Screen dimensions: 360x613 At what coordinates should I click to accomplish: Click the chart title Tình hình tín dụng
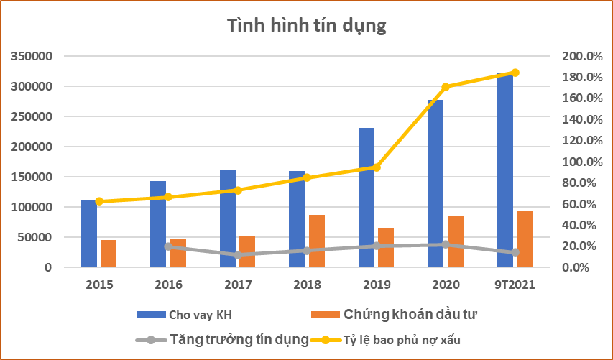pyautogui.click(x=307, y=26)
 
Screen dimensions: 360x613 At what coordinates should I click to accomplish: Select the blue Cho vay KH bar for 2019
pyautogui.click(x=367, y=198)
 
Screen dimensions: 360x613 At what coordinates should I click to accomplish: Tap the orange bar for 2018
pyautogui.click(x=317, y=241)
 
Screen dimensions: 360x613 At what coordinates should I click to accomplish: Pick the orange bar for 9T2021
pyautogui.click(x=525, y=239)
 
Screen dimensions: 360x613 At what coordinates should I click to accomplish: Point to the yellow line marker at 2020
pyautogui.click(x=446, y=87)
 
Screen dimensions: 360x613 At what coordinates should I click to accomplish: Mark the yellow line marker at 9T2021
pyautogui.click(x=515, y=73)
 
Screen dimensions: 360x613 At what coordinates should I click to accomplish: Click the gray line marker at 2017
pyautogui.click(x=237, y=255)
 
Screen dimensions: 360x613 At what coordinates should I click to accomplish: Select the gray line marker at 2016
pyautogui.click(x=168, y=246)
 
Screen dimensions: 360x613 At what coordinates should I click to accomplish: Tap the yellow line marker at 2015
pyautogui.click(x=98, y=201)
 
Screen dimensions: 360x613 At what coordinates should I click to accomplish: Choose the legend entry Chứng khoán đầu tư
pyautogui.click(x=410, y=314)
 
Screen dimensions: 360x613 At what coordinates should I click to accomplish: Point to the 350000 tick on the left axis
pyautogui.click(x=32, y=57)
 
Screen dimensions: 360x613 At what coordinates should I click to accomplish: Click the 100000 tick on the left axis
pyautogui.click(x=32, y=207)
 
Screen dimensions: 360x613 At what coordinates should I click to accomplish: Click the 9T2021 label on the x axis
pyautogui.click(x=515, y=285)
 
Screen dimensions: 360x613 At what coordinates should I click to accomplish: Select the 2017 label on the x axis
pyautogui.click(x=238, y=285)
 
